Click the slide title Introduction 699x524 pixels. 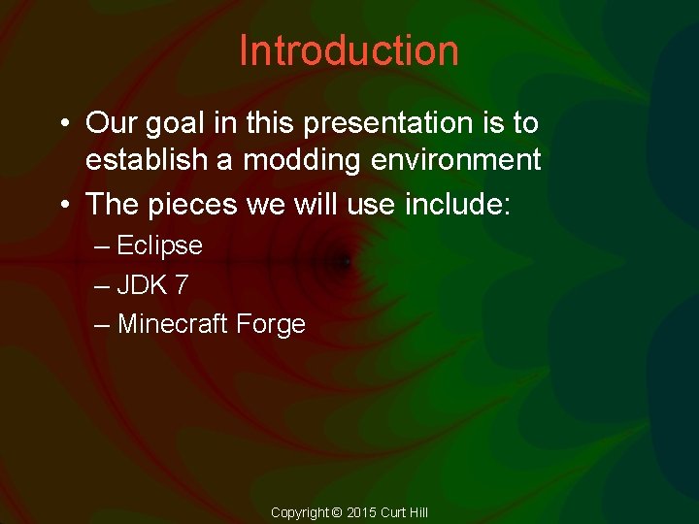tap(349, 50)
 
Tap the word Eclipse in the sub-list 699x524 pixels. tap(159, 246)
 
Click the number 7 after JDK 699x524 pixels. tap(182, 285)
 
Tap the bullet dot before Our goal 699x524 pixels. tap(61, 124)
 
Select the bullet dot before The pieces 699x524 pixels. tap(61, 204)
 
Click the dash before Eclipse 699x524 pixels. tap(102, 246)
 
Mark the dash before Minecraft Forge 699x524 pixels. tap(102, 324)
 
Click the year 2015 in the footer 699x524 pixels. tap(361, 512)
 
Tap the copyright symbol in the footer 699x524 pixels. tap(337, 512)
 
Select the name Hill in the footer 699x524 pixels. tap(416, 512)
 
